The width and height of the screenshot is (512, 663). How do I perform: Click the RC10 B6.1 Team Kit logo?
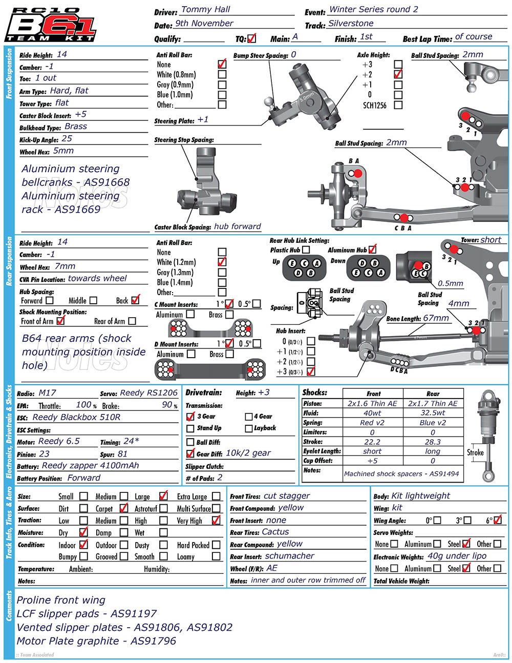pyautogui.click(x=50, y=25)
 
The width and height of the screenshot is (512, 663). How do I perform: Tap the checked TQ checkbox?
pyautogui.click(x=251, y=38)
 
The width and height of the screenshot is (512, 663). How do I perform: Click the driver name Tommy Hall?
pyautogui.click(x=206, y=9)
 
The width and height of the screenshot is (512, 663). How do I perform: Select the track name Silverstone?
pyautogui.click(x=351, y=24)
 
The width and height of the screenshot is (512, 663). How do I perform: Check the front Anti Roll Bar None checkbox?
pyautogui.click(x=222, y=65)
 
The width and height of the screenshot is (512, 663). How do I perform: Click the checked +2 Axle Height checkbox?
pyautogui.click(x=398, y=74)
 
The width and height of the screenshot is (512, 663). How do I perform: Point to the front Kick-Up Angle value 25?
pyautogui.click(x=67, y=138)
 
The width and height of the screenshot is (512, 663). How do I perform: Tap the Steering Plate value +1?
pyautogui.click(x=203, y=120)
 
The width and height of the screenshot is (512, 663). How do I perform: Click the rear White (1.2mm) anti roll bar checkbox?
pyautogui.click(x=222, y=262)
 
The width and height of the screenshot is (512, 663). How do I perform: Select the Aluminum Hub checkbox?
pyautogui.click(x=372, y=250)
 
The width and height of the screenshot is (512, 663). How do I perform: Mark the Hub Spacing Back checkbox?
pyautogui.click(x=135, y=300)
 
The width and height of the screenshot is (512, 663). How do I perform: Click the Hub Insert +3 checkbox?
pyautogui.click(x=311, y=372)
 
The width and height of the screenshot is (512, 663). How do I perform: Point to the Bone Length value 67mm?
pyautogui.click(x=436, y=318)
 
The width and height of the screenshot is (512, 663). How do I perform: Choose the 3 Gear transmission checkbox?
pyautogui.click(x=190, y=417)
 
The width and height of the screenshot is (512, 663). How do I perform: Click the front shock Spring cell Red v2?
pyautogui.click(x=372, y=423)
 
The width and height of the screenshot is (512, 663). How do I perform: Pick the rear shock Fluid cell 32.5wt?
pyautogui.click(x=433, y=412)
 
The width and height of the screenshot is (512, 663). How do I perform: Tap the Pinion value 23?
pyautogui.click(x=45, y=454)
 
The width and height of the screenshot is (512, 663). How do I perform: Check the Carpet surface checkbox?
pyautogui.click(x=123, y=508)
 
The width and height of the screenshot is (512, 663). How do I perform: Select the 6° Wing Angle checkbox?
pyautogui.click(x=497, y=520)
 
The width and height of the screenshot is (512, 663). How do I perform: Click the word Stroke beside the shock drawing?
pyautogui.click(x=475, y=452)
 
